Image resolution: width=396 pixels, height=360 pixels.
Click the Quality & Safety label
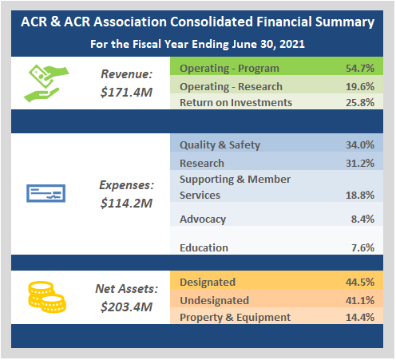pyautogui.click(x=220, y=145)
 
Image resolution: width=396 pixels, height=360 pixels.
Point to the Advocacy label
pyautogui.click(x=203, y=220)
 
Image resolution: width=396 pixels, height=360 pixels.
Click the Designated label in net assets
pyautogui.click(x=208, y=282)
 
